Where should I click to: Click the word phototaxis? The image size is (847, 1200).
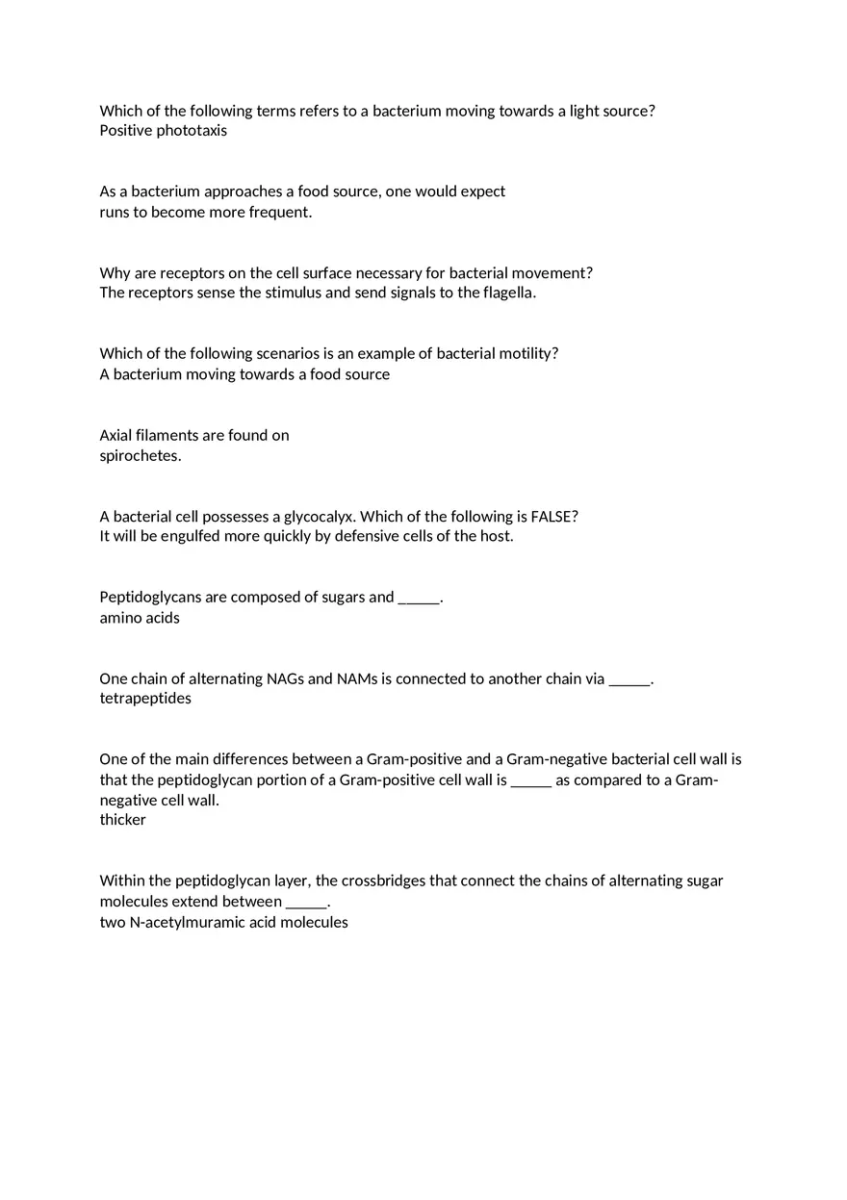[192, 131]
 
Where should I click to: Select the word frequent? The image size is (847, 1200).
[280, 212]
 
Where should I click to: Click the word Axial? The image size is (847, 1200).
[118, 435]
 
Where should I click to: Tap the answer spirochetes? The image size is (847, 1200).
[141, 455]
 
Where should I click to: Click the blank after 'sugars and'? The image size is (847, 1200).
[418, 598]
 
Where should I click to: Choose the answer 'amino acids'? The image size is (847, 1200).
[140, 618]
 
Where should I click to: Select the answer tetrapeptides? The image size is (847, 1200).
[145, 699]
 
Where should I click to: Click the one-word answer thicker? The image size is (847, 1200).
[123, 820]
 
